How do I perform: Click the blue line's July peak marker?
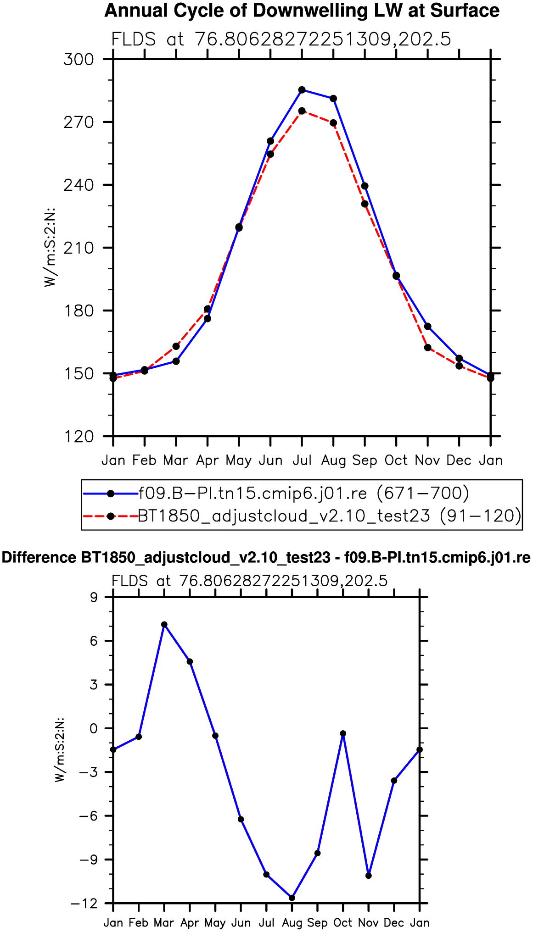coord(302,90)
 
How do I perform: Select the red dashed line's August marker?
coord(333,123)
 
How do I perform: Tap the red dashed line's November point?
coord(427,348)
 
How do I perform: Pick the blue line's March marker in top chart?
coord(176,361)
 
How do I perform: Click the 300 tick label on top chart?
coord(79,60)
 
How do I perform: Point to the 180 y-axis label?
coord(79,311)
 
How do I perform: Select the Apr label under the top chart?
coord(207,460)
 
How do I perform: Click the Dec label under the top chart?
coord(459,460)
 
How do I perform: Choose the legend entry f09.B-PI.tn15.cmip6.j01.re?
coord(303,494)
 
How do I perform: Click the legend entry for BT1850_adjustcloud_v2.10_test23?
coord(329,516)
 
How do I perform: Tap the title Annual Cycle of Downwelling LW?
coord(302,11)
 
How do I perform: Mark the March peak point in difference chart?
coord(164,625)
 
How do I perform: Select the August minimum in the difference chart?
coord(292,898)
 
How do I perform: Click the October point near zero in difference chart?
coord(343,734)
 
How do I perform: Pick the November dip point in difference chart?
coord(368,876)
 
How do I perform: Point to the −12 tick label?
coord(84,904)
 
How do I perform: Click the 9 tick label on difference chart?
coord(94,598)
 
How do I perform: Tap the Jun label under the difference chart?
coord(241,922)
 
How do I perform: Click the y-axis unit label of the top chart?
coord(50,248)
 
